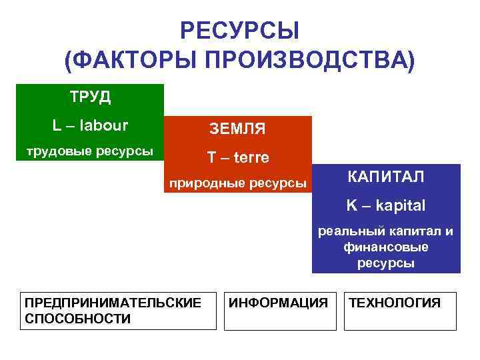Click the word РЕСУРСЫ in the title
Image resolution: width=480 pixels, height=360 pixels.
[x=239, y=31]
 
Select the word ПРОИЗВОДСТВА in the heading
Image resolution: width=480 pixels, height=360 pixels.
[x=309, y=62]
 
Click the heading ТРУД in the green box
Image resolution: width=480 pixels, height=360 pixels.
[x=90, y=97]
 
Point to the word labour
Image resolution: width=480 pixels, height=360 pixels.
[x=100, y=125]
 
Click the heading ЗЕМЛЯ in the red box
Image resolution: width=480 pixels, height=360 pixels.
[x=237, y=127]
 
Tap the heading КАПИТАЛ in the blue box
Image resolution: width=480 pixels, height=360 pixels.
[x=385, y=177]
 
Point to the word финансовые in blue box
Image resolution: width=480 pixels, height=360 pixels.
[x=386, y=247]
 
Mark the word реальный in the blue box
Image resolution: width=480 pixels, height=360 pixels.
[x=346, y=231]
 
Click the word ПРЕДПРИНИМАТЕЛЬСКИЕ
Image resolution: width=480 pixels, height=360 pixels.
[x=113, y=303]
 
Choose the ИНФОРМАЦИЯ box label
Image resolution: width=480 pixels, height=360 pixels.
[x=278, y=303]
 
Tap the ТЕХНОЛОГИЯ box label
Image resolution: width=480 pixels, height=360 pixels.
[x=395, y=303]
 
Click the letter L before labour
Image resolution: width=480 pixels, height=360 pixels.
[x=56, y=125]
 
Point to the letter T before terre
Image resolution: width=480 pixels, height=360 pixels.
[x=211, y=157]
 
